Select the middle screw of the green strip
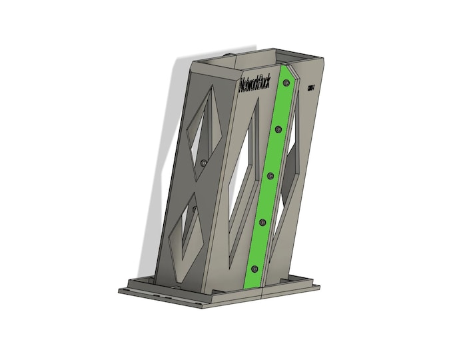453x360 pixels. tap(270, 175)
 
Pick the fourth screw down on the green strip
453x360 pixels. tap(262, 222)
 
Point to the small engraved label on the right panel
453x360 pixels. tap(310, 87)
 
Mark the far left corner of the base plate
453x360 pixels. tap(120, 289)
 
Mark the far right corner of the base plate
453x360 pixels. tap(318, 288)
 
